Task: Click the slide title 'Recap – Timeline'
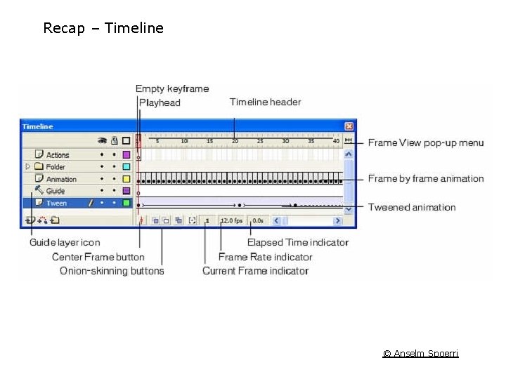103,28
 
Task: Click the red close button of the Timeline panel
349,126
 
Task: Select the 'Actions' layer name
58,154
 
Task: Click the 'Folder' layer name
56,167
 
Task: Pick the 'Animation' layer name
61,179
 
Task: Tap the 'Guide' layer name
56,191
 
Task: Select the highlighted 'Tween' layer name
56,203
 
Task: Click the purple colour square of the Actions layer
126,154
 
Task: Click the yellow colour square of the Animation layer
126,179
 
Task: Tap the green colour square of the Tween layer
126,203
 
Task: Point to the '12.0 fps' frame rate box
231,220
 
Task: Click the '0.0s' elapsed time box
257,220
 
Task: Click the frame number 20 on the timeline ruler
235,141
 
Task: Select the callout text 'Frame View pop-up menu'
426,142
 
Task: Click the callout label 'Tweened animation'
412,207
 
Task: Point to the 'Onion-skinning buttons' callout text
112,271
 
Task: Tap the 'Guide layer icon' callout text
65,243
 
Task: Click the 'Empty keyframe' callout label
172,88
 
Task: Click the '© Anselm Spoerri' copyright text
420,353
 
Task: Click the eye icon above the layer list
102,140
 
